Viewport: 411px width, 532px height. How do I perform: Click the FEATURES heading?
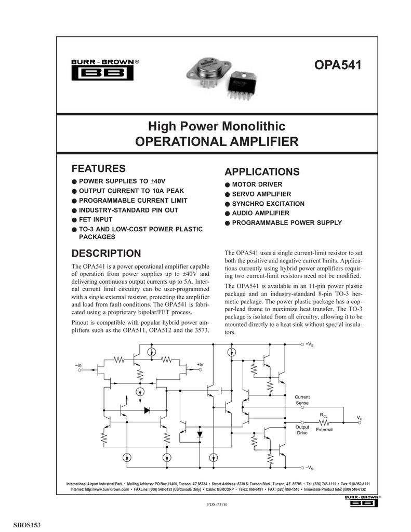(x=98, y=168)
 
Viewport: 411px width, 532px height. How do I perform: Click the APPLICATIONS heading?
(x=261, y=172)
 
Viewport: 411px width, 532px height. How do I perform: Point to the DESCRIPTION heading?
(x=106, y=254)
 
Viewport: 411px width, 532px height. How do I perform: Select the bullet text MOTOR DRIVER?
(x=257, y=184)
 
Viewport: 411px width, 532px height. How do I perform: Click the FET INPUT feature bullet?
(x=98, y=219)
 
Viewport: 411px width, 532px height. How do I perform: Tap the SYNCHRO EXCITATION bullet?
(x=268, y=204)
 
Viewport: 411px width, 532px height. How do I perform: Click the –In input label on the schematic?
(x=78, y=366)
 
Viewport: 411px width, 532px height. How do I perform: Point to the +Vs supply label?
(x=309, y=344)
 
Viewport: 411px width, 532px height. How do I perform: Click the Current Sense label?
(x=302, y=400)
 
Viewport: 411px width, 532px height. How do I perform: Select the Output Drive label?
(x=302, y=430)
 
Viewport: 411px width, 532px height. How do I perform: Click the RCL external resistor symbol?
(x=324, y=422)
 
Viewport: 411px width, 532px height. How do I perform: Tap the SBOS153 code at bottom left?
(x=26, y=525)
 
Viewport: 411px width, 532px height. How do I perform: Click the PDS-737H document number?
(x=217, y=504)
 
